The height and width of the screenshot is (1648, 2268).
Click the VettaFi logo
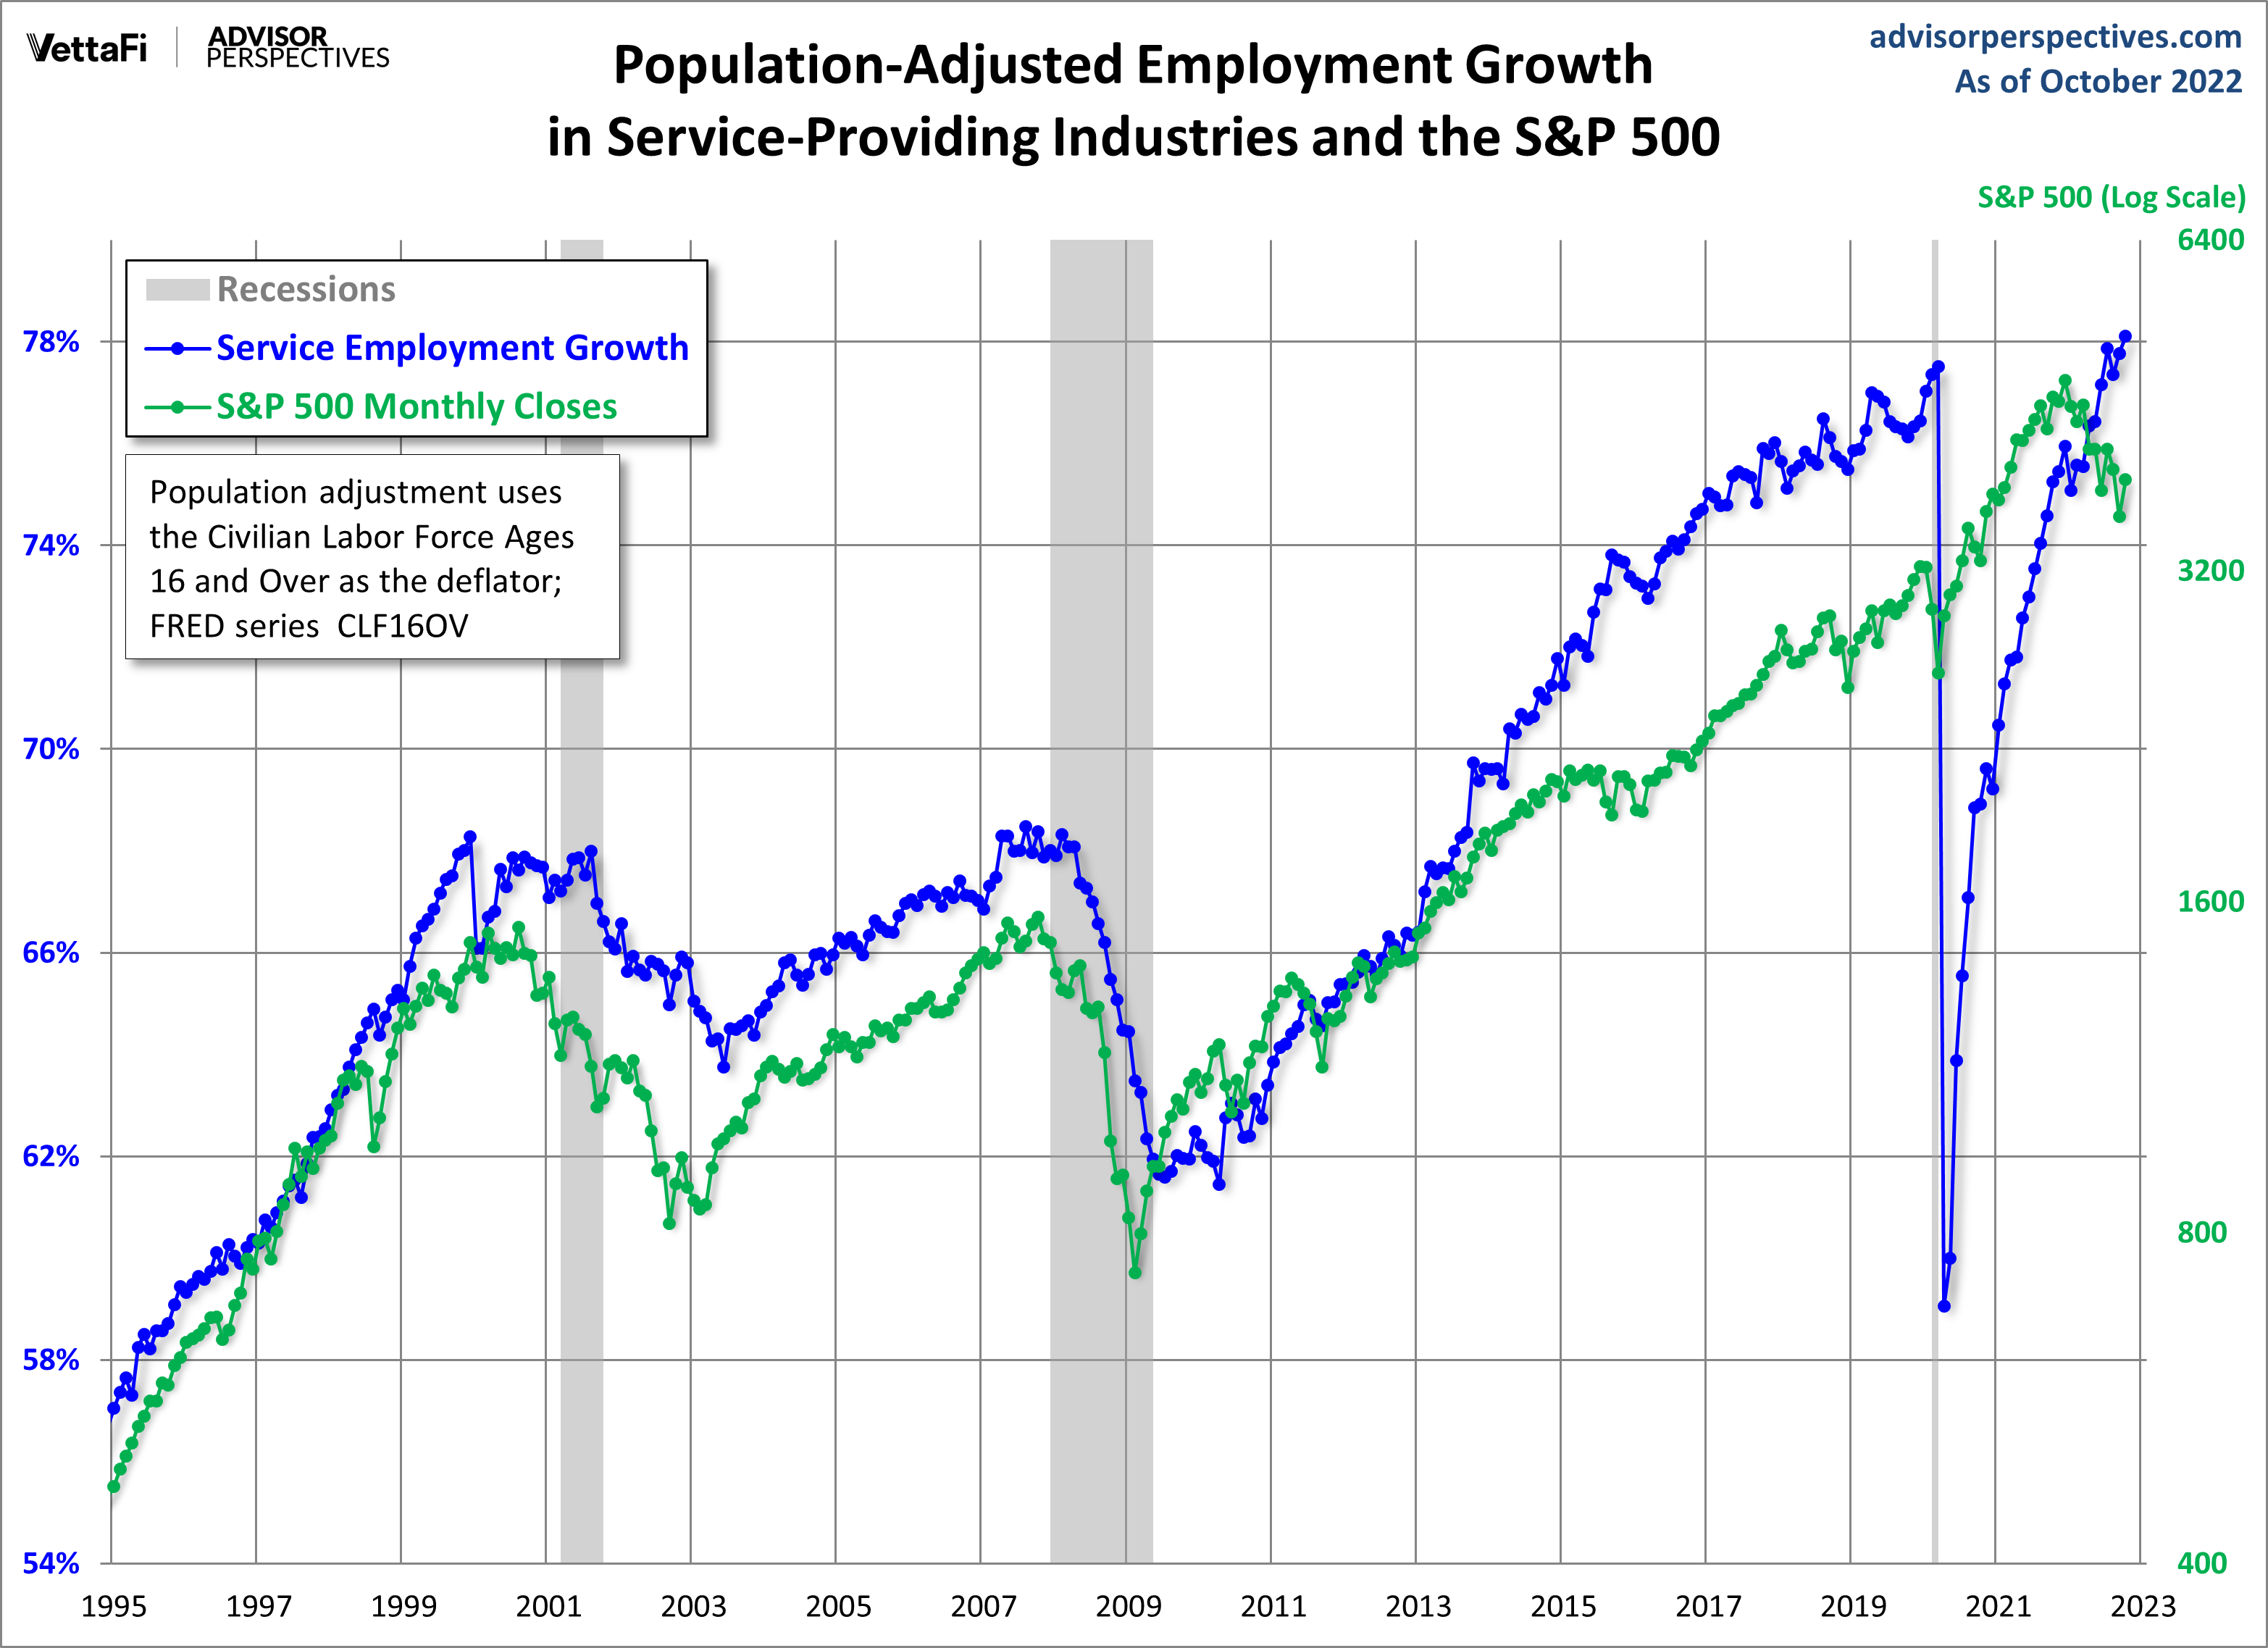click(x=87, y=48)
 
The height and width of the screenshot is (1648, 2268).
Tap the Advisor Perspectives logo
click(x=297, y=48)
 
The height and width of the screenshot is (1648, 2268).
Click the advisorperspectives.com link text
click(x=2055, y=37)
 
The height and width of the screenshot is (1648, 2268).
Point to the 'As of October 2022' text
click(x=2098, y=82)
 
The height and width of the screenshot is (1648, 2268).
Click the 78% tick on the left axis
click(x=51, y=342)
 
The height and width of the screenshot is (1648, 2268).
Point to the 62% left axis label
click(x=51, y=1157)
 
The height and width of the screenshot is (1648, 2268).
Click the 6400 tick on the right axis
click(x=2210, y=240)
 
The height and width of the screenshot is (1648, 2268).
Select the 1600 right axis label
click(x=2210, y=902)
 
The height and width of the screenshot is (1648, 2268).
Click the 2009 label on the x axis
click(x=1128, y=1607)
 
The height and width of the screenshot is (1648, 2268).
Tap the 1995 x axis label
click(x=114, y=1607)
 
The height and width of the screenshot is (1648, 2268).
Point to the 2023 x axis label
click(x=2142, y=1607)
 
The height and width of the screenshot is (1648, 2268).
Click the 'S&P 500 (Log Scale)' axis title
click(x=2111, y=198)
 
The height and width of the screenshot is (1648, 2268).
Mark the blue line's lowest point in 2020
click(x=1944, y=1306)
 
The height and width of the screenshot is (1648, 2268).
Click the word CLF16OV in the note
click(x=402, y=626)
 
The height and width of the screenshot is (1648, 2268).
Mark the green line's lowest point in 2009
click(x=1134, y=1273)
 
